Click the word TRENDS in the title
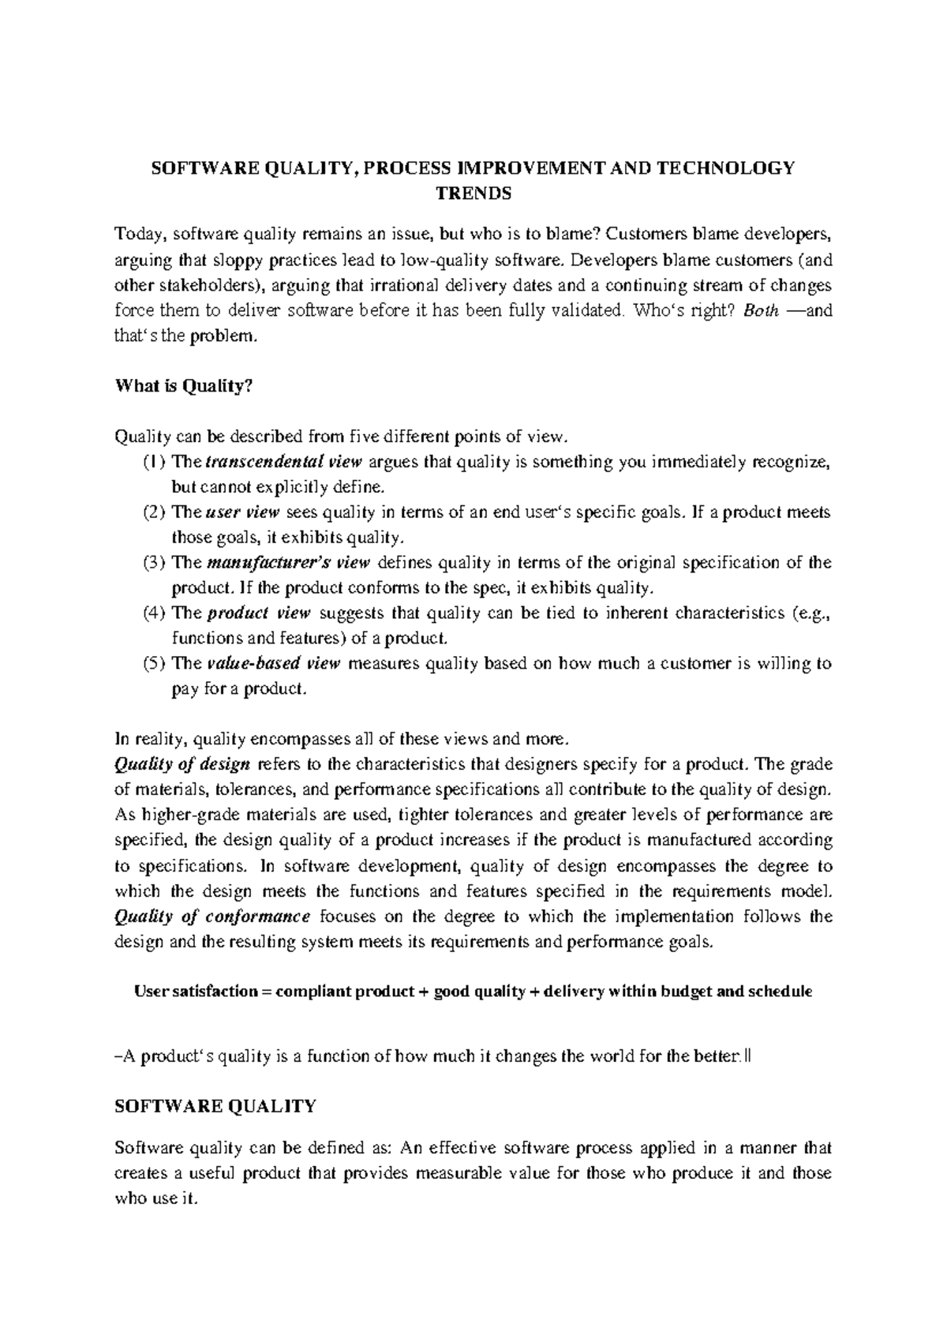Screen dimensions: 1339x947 473,193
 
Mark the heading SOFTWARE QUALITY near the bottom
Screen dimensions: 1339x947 215,1107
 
